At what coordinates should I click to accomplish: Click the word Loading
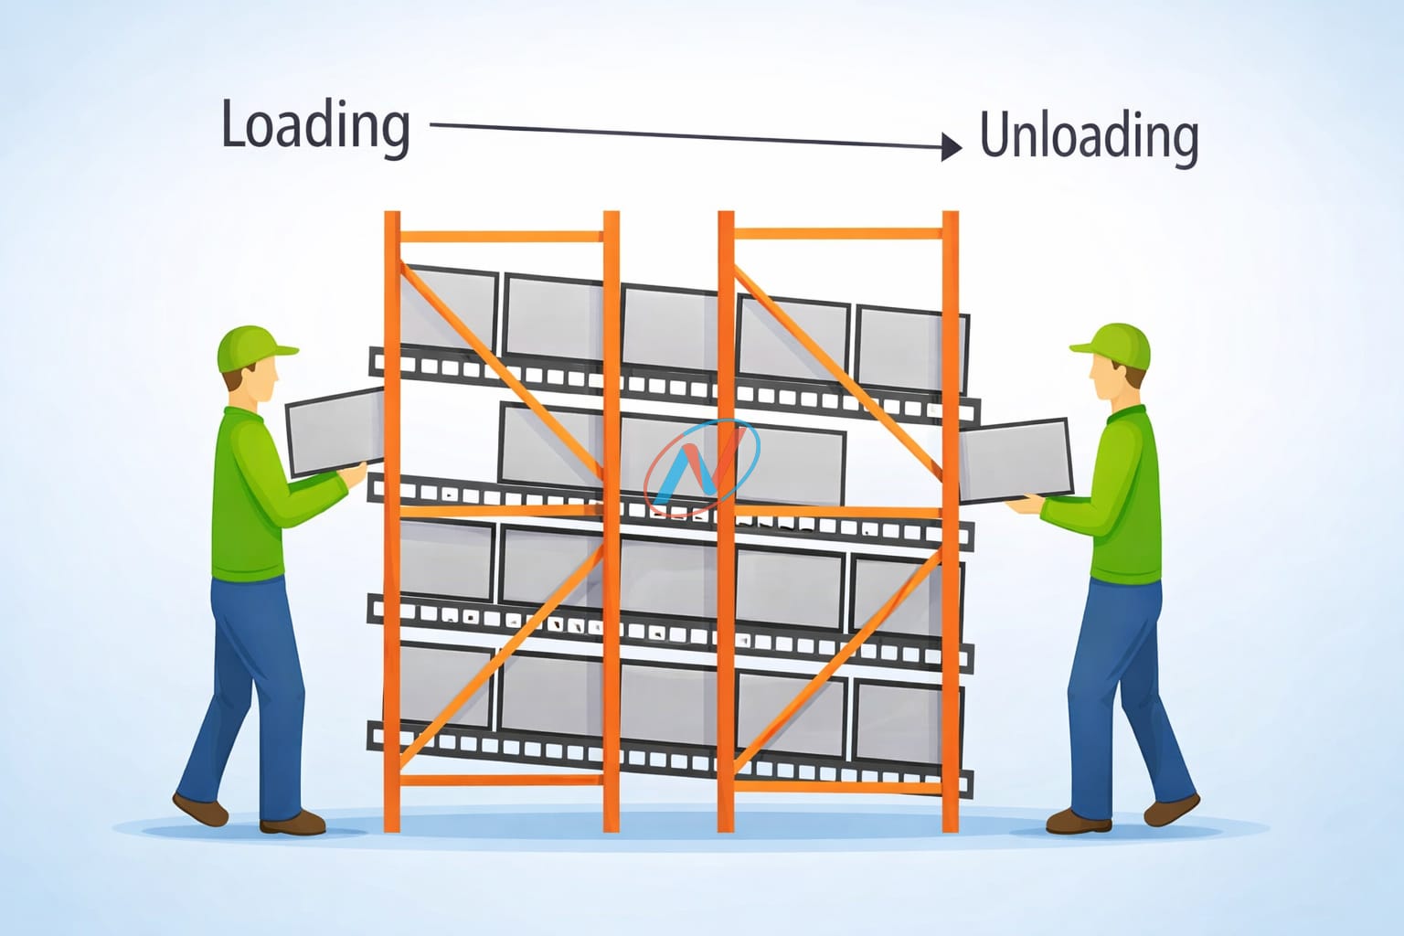tap(315, 126)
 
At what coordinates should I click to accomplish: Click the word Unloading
tap(1088, 137)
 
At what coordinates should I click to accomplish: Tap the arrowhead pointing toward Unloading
tap(952, 146)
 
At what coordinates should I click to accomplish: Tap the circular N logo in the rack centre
tap(701, 467)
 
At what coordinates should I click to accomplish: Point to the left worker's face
tap(262, 382)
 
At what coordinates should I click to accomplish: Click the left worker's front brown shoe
tap(292, 823)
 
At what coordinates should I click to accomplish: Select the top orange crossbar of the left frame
tap(501, 237)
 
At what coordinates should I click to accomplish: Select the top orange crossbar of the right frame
tap(837, 234)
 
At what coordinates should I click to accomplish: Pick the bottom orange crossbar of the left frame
tap(501, 781)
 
